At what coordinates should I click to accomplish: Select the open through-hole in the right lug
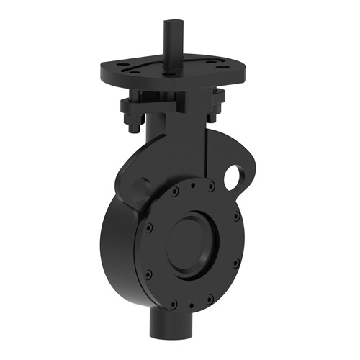pos(234,174)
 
